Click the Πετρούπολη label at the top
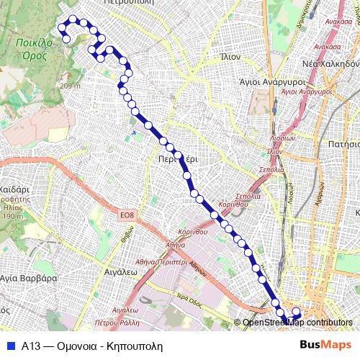[x=129, y=3]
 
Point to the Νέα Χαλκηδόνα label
[x=330, y=63]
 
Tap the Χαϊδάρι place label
[x=14, y=181]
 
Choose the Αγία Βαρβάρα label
[x=28, y=277]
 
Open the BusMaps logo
[x=325, y=345]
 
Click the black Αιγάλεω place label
[x=116, y=274]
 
